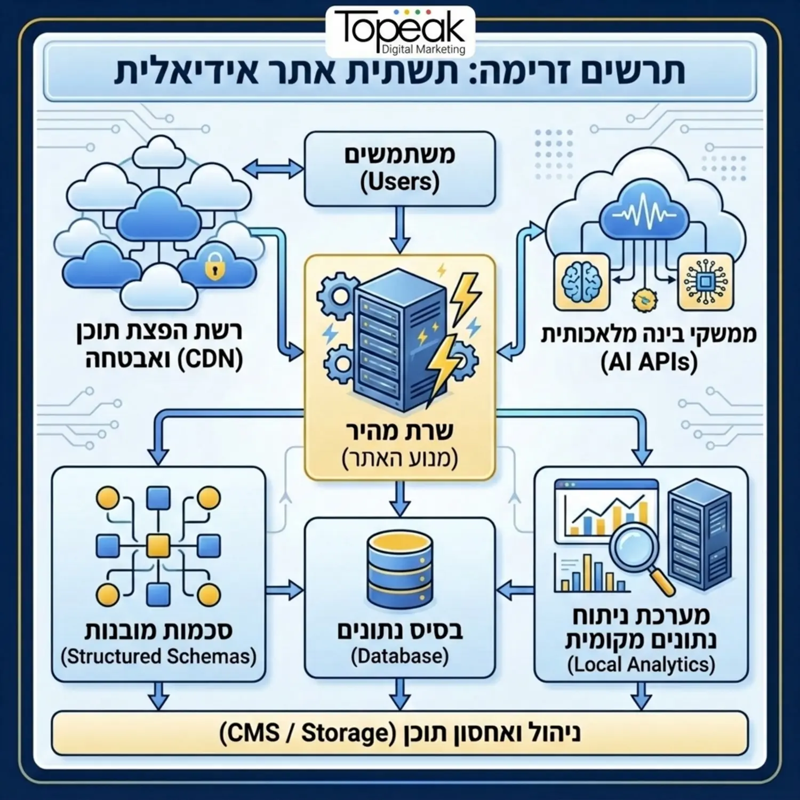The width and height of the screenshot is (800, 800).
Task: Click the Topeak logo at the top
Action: click(400, 31)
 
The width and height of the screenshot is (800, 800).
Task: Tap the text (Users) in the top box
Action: click(399, 182)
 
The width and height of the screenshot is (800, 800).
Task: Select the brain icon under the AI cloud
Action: click(581, 282)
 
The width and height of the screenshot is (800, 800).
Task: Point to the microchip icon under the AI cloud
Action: click(705, 282)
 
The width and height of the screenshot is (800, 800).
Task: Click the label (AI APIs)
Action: click(649, 363)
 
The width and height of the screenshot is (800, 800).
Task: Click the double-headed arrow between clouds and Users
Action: click(274, 170)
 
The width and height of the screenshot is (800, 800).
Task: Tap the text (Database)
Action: click(399, 656)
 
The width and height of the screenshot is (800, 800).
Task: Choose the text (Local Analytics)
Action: click(641, 665)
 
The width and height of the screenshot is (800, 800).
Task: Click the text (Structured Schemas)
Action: click(158, 656)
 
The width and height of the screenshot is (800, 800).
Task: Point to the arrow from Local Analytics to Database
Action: click(515, 590)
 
